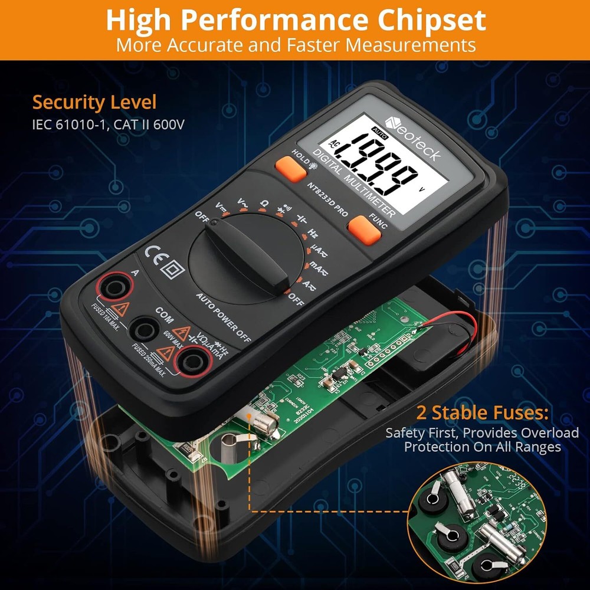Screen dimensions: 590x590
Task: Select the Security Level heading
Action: [94, 102]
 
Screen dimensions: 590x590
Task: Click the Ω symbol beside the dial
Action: [264, 203]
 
